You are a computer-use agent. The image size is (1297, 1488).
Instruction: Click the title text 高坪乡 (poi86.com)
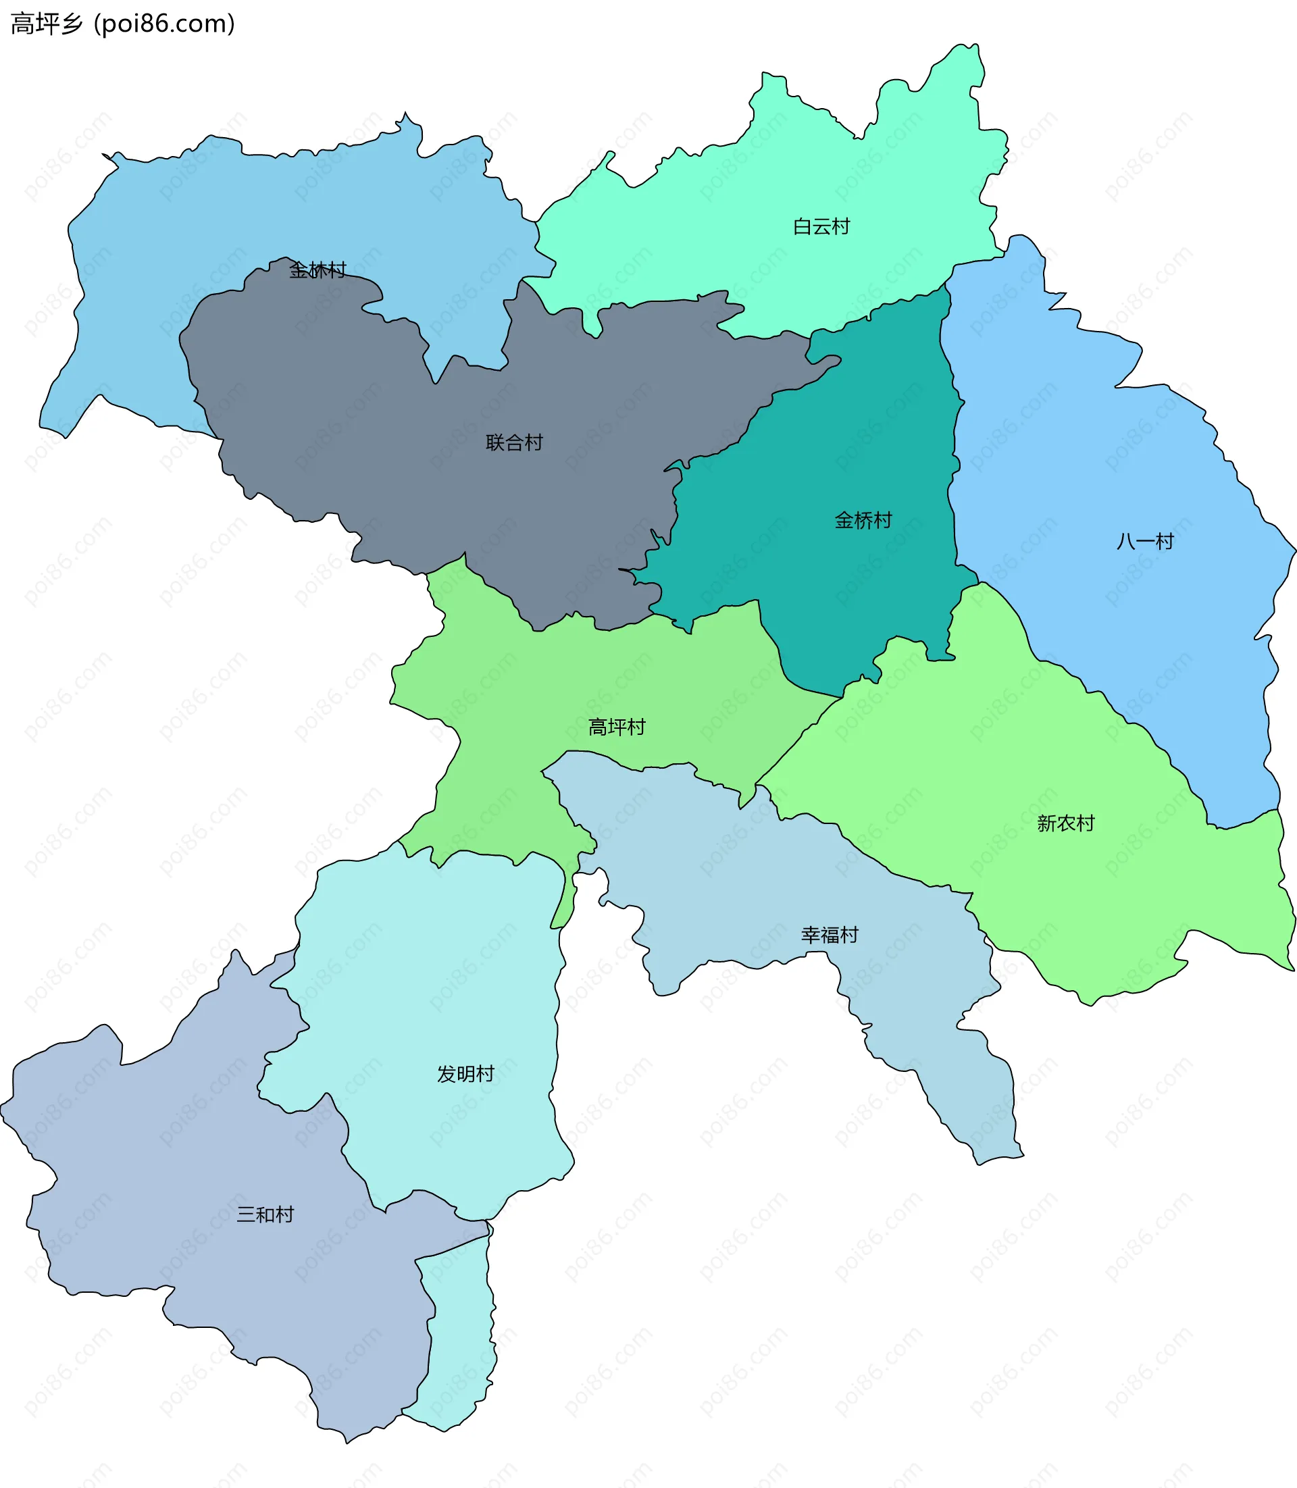tap(122, 24)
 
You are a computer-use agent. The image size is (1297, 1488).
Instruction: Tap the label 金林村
tap(317, 271)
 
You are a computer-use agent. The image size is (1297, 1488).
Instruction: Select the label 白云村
tap(821, 227)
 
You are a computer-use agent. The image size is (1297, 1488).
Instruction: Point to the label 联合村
tap(514, 443)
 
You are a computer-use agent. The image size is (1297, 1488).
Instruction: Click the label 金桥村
tap(863, 520)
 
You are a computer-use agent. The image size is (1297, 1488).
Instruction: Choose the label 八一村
tap(1144, 541)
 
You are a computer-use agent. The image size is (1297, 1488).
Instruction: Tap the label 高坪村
tap(616, 727)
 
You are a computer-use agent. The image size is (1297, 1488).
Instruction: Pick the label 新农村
tap(1065, 823)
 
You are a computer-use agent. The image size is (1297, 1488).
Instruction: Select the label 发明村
tap(465, 1074)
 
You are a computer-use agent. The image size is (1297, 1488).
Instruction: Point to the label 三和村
tap(265, 1214)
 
